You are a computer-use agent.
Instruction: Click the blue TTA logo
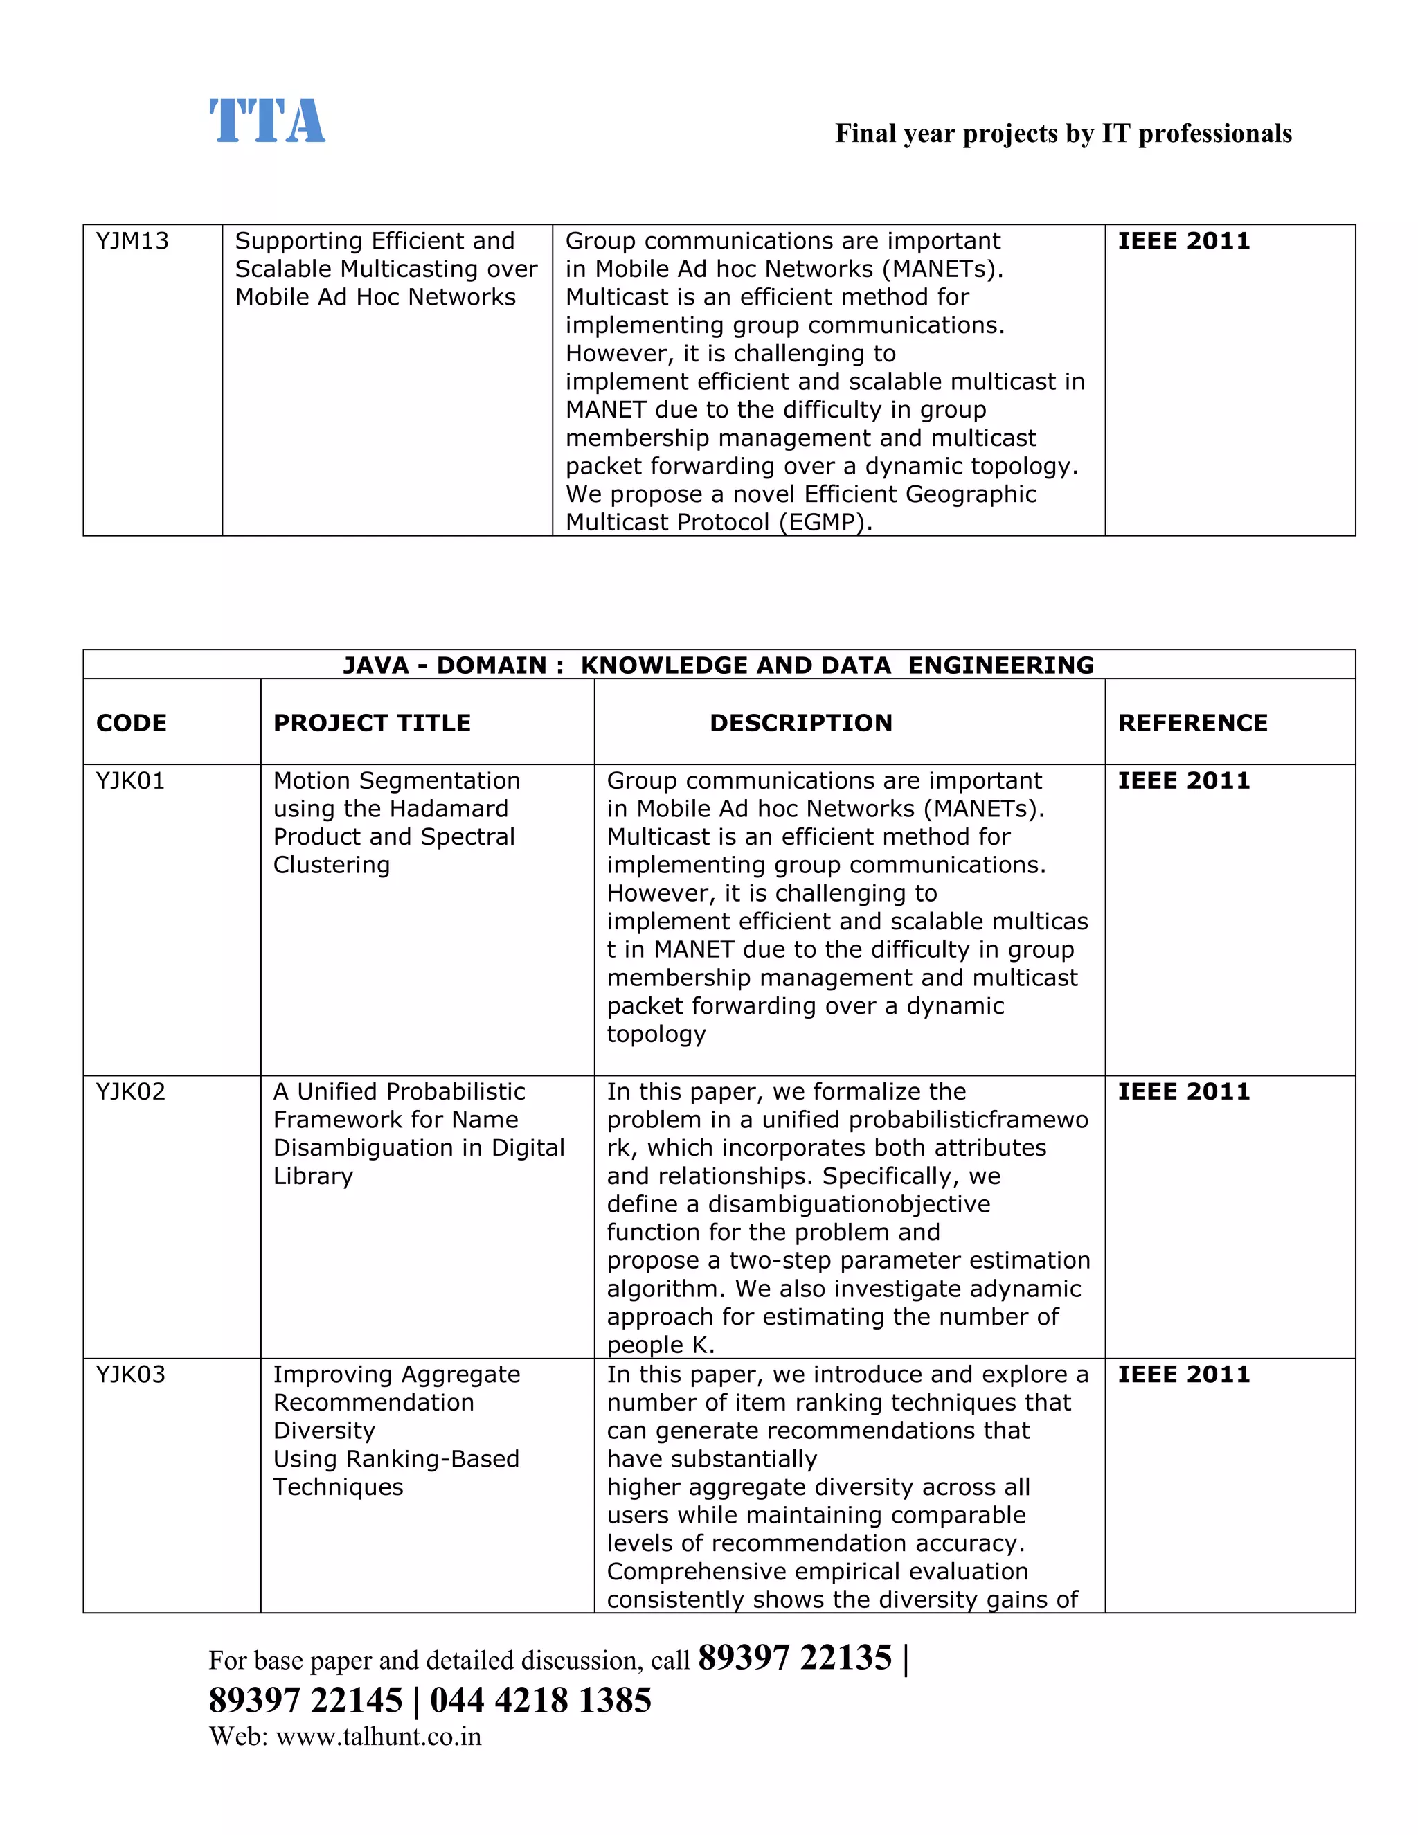[x=267, y=121]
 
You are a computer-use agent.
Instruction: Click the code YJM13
[x=132, y=241]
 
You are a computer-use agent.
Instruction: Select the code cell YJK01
[x=130, y=780]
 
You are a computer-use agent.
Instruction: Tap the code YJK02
[x=130, y=1091]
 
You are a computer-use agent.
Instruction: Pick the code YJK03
[x=130, y=1374]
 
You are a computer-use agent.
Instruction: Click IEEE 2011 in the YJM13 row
[x=1183, y=241]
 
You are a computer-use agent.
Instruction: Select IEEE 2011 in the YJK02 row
[x=1183, y=1091]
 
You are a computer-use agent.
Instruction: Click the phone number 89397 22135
[x=794, y=1658]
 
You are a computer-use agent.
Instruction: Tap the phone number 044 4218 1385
[x=540, y=1700]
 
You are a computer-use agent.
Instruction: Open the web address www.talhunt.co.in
[x=378, y=1737]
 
